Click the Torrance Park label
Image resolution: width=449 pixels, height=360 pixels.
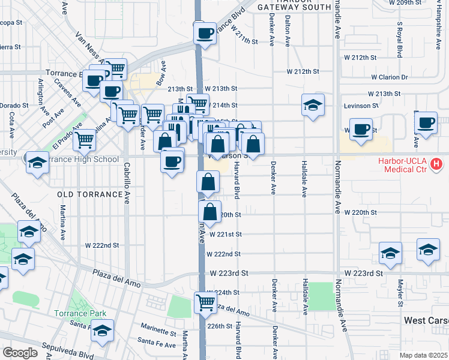pyautogui.click(x=80, y=313)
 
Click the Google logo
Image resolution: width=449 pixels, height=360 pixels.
pyautogui.click(x=19, y=353)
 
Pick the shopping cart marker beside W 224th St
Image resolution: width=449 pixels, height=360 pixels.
pyautogui.click(x=205, y=302)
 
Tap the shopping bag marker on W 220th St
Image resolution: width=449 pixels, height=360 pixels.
pyautogui.click(x=209, y=212)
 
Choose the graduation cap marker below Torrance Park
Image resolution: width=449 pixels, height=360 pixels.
pyautogui.click(x=102, y=330)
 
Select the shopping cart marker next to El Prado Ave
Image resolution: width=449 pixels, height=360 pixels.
pyautogui.click(x=85, y=140)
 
